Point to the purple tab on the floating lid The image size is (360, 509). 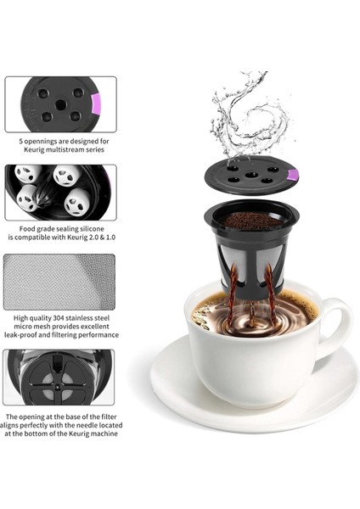click(293, 176)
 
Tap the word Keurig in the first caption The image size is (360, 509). click(36, 150)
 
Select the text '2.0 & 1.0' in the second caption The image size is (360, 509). click(93, 238)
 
